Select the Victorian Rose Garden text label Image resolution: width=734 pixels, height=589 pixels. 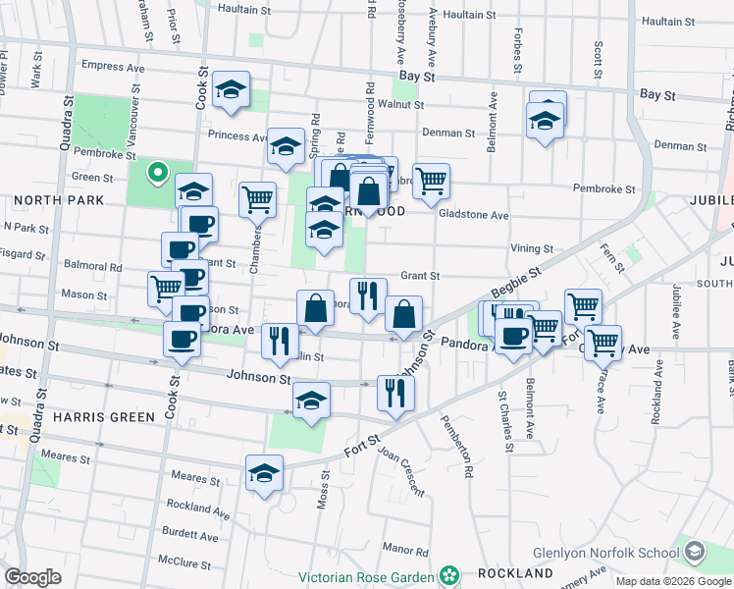pos(368,573)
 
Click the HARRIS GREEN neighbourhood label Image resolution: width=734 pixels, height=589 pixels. pos(104,417)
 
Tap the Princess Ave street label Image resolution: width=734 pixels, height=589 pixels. pos(236,136)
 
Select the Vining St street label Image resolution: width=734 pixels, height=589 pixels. pos(532,249)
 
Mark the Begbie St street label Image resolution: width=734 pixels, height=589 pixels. pos(515,287)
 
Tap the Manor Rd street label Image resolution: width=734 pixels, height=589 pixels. pos(402,549)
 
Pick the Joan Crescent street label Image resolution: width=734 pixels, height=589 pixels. pos(400,471)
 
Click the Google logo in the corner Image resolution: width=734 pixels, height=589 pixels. pos(32,577)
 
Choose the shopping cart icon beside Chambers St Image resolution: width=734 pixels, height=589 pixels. pos(257,198)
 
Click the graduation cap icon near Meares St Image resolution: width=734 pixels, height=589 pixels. pos(264,473)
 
